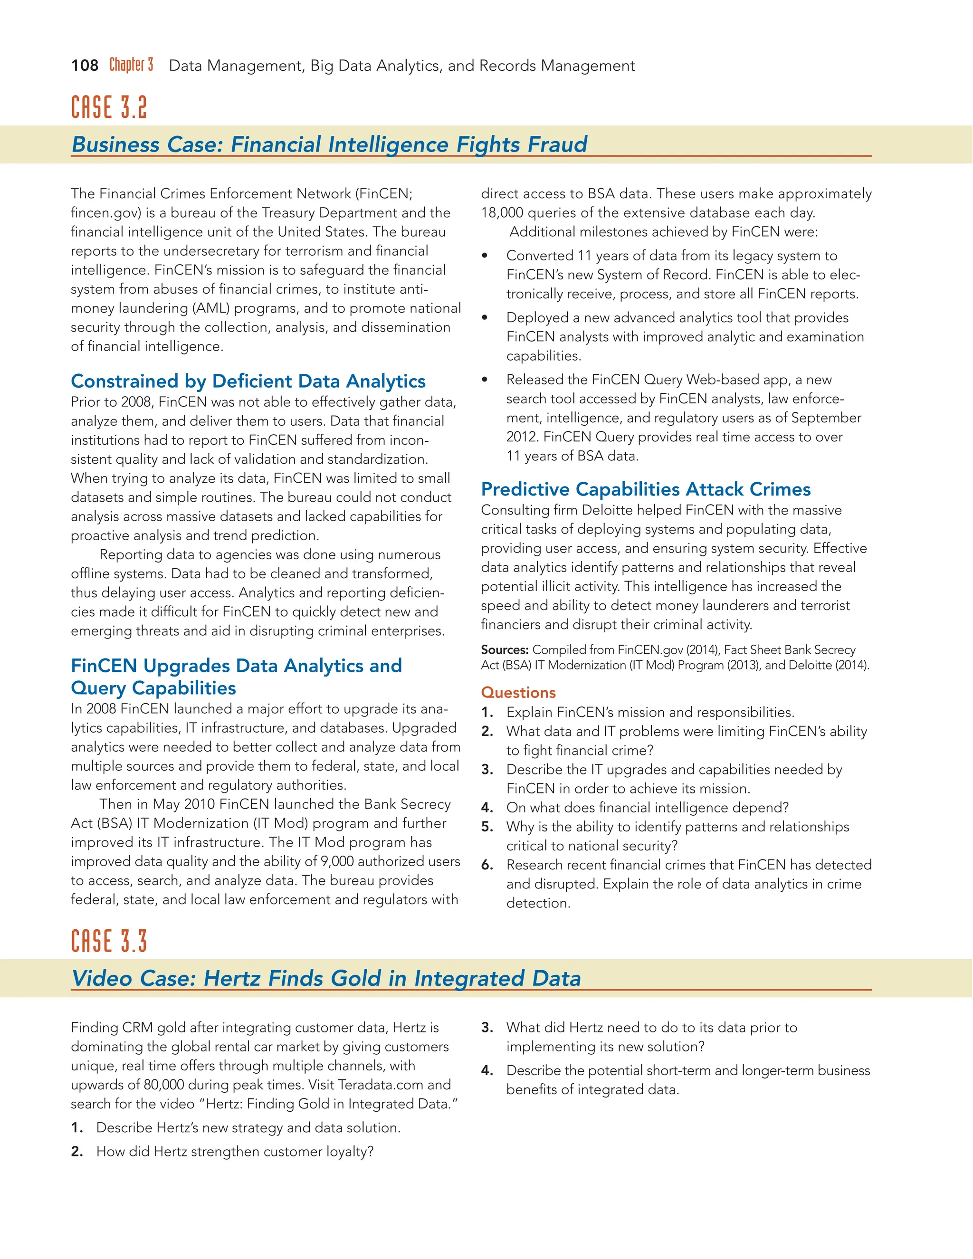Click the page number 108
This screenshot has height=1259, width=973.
tap(85, 66)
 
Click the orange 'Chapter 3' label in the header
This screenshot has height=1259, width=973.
tap(132, 65)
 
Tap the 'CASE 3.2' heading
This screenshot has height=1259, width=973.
tap(109, 107)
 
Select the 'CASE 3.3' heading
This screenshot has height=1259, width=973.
tap(109, 941)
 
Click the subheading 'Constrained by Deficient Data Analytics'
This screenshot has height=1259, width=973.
tap(248, 381)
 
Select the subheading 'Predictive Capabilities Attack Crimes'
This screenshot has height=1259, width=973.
tap(646, 489)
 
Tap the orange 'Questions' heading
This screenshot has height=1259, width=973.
tap(518, 692)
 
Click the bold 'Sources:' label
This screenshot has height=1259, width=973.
tap(505, 649)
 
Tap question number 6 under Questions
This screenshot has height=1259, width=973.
tap(486, 865)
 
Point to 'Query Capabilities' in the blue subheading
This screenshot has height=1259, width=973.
tap(153, 688)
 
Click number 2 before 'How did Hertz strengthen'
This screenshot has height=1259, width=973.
tap(76, 1151)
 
